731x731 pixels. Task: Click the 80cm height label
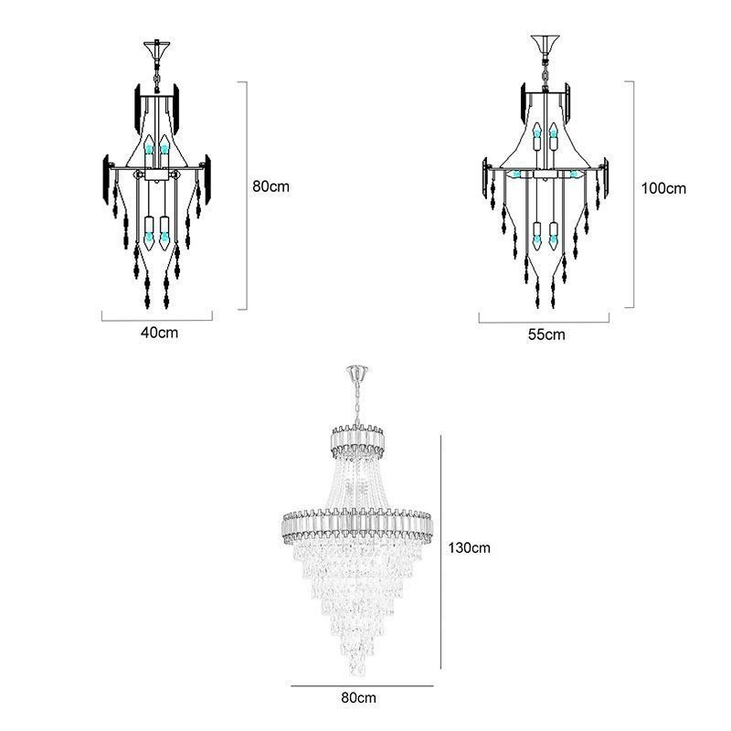(270, 185)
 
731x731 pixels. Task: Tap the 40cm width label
(159, 332)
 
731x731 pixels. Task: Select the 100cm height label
(662, 189)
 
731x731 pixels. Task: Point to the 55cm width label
(546, 334)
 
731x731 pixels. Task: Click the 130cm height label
(470, 548)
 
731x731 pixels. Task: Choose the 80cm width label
(360, 698)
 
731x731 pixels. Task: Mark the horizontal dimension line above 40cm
(157, 318)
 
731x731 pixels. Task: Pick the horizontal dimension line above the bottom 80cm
(361, 684)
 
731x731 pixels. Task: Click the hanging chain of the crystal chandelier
(359, 402)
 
